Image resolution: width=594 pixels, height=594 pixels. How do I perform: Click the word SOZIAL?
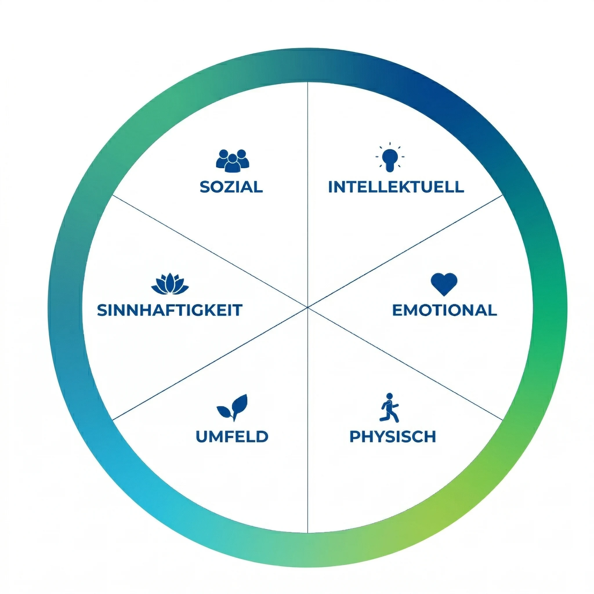[x=231, y=187]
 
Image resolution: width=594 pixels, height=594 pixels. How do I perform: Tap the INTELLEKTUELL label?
[x=396, y=187]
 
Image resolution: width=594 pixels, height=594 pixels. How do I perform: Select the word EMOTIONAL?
[x=445, y=310]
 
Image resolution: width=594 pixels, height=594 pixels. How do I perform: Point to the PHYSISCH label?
[x=393, y=436]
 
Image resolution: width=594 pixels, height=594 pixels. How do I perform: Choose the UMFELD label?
[x=232, y=436]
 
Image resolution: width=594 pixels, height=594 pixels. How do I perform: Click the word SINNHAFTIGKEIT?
[x=170, y=310]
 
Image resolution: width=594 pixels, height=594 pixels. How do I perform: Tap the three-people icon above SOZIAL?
[x=233, y=160]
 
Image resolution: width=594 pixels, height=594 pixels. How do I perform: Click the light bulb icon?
[x=390, y=157]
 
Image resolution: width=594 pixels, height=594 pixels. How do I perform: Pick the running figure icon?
[x=389, y=408]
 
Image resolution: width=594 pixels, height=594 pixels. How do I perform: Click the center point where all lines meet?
[x=307, y=307]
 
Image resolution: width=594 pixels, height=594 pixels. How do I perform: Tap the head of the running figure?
[x=390, y=396]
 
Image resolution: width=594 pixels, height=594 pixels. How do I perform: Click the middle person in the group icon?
[x=233, y=163]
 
